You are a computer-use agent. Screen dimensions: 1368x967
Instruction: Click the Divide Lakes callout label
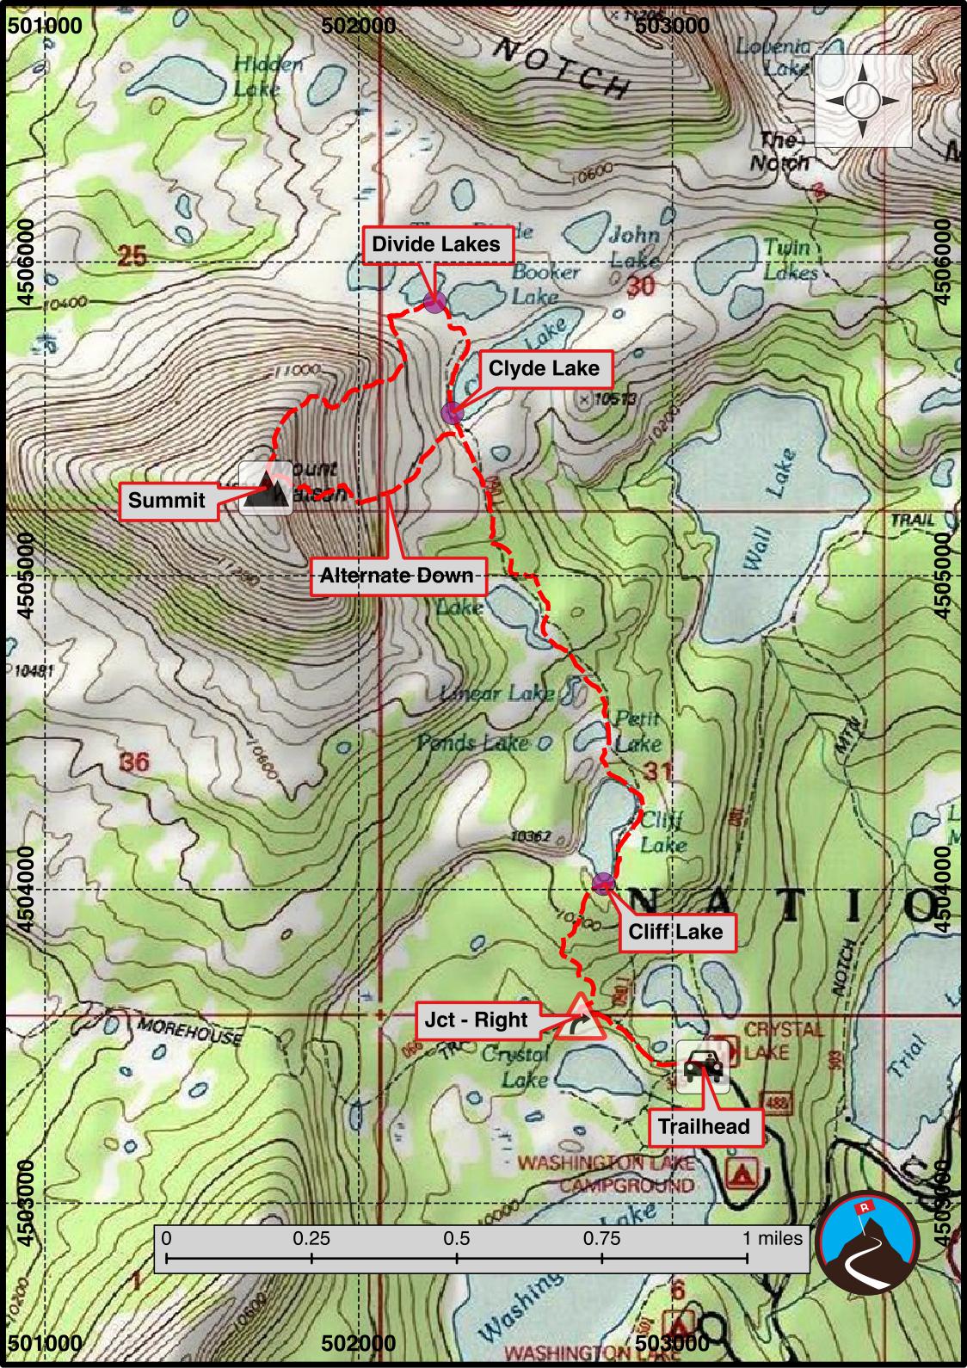[435, 244]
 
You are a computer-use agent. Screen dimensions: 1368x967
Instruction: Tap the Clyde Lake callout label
[543, 369]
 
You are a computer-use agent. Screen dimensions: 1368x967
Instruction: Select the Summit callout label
[167, 501]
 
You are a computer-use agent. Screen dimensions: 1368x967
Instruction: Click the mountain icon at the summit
[266, 489]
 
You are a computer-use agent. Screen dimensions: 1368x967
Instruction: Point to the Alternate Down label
[397, 576]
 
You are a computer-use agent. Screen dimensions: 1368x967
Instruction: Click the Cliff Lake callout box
[675, 932]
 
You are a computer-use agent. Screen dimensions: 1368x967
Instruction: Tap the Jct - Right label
[476, 1020]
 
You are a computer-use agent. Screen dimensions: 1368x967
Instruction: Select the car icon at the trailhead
[704, 1067]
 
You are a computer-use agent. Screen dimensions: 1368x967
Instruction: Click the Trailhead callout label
[704, 1126]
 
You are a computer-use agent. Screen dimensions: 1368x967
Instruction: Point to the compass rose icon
[862, 102]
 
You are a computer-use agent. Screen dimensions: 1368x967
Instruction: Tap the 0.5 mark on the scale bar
[457, 1239]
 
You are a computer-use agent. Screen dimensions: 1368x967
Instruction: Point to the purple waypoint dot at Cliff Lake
[604, 882]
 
